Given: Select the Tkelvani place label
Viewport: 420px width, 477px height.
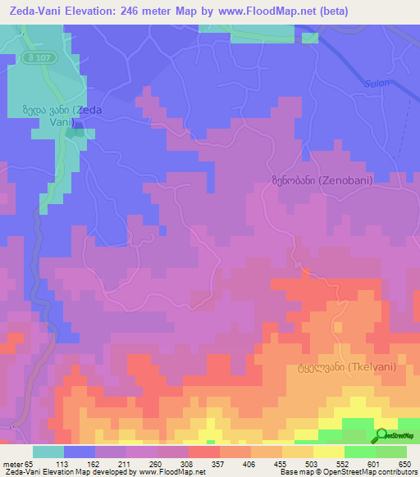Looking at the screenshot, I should [341, 368].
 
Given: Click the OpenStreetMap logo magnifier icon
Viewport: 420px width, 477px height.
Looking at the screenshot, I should [382, 435].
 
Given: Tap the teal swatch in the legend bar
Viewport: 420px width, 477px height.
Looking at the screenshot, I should [48, 451].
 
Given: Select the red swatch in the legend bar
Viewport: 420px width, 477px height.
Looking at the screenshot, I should [204, 451].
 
